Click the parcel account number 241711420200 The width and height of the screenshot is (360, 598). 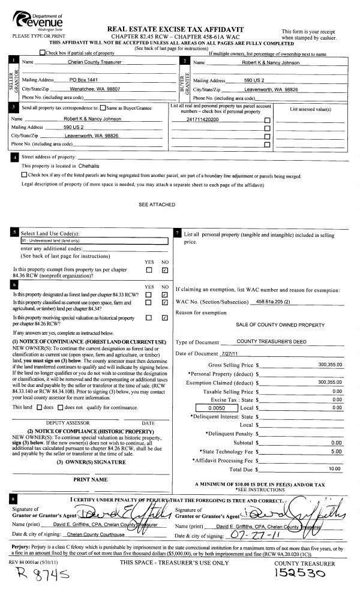203,119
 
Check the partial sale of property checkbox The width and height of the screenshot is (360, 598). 41,54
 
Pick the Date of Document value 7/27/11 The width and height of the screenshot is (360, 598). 229,353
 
